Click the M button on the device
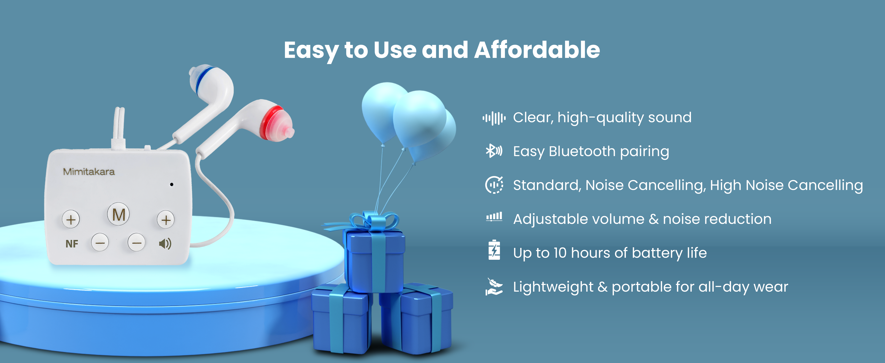tap(118, 214)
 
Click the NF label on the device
tap(72, 244)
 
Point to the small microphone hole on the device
tap(172, 185)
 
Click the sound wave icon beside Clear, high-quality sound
tap(494, 118)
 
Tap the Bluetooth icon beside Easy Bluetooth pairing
tap(494, 151)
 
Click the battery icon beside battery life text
tap(494, 250)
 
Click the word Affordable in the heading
tap(537, 50)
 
